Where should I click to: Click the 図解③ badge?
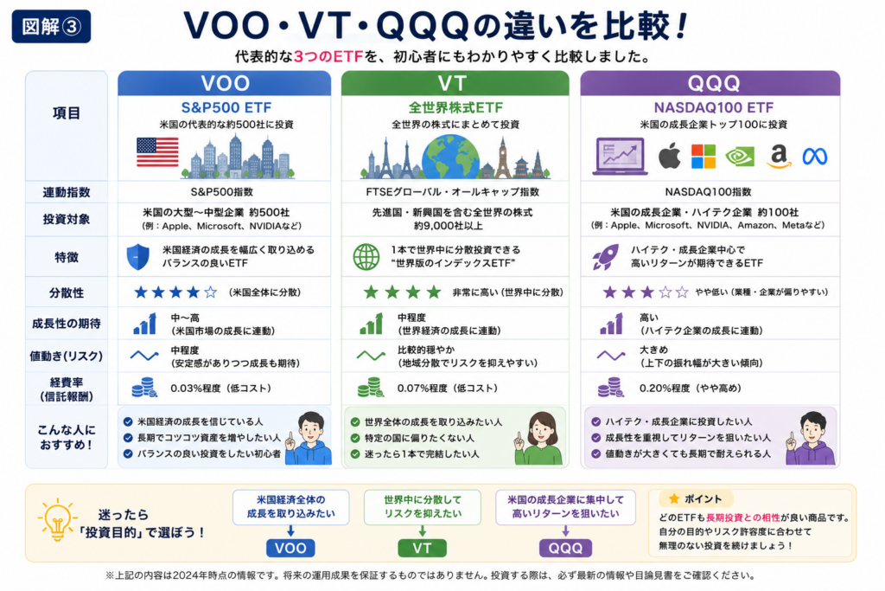pos(51,26)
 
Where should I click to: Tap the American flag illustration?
pos(157,152)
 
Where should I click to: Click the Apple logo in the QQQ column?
pos(670,156)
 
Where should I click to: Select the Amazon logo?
pos(779,157)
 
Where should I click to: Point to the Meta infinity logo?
pos(814,157)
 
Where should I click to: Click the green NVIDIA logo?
pos(740,157)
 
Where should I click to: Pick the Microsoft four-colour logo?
pos(704,157)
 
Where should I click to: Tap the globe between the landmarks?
pos(450,157)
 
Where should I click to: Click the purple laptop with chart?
pos(620,156)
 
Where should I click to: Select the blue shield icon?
pos(137,257)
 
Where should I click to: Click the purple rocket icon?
pos(605,257)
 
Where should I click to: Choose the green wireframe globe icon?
pos(366,257)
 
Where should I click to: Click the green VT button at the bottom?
pos(422,548)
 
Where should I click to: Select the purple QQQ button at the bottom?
pos(565,548)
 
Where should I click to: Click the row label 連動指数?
pos(66,192)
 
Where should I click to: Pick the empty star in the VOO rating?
pos(211,292)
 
